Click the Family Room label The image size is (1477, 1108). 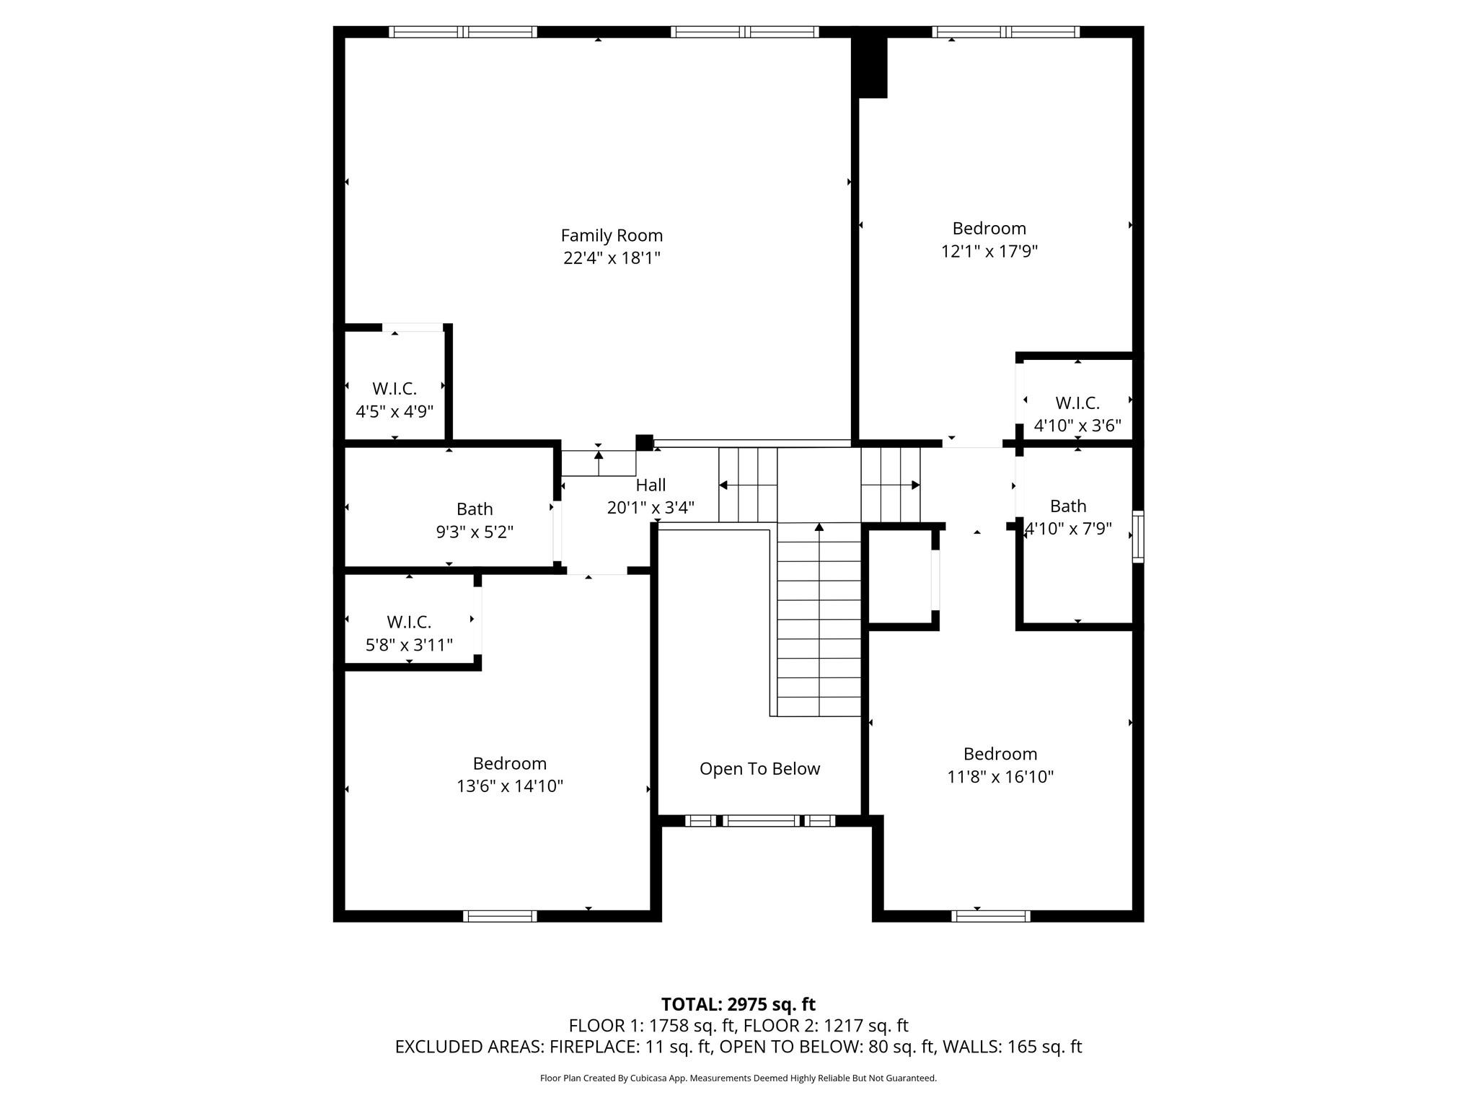coord(612,235)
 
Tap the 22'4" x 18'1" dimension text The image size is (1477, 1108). coord(612,258)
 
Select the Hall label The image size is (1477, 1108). coord(651,485)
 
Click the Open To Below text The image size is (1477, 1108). coord(759,768)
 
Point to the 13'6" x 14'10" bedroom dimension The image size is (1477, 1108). coord(509,786)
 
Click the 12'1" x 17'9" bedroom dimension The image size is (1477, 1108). coord(989,251)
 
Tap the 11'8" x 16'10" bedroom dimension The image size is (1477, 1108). coord(1000,777)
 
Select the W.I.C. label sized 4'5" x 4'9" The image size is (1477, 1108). coord(394,389)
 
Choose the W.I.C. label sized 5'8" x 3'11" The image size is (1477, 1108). coord(409,622)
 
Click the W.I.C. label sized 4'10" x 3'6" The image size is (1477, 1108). coord(1077,403)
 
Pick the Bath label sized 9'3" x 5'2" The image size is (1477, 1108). coord(475,509)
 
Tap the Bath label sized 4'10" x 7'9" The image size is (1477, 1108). coord(1067,506)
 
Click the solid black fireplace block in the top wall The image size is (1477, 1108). coord(870,66)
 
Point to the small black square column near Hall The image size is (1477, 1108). coord(644,442)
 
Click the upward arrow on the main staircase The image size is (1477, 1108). coord(819,529)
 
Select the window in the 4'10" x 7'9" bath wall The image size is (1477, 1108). coord(1137,536)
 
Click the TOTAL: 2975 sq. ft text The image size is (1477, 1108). coord(738,1004)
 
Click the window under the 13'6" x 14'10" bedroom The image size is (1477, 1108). coord(500,916)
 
